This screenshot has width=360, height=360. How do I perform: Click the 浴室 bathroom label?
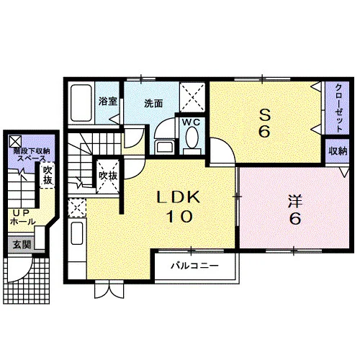click(108, 101)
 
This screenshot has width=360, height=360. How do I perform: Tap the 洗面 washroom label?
click(153, 104)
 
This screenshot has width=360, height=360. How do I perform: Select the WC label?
click(191, 122)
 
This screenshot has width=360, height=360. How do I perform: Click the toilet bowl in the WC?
click(192, 138)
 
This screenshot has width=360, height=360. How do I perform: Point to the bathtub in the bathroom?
click(81, 103)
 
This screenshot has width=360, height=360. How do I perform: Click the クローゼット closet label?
click(338, 108)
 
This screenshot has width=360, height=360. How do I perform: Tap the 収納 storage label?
click(338, 151)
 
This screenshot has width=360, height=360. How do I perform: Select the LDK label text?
click(178, 197)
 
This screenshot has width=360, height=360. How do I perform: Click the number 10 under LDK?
click(179, 216)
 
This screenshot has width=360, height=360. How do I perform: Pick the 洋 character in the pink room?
click(295, 202)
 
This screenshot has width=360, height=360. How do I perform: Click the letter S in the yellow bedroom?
click(265, 115)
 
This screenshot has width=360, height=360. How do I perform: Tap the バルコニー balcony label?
click(194, 266)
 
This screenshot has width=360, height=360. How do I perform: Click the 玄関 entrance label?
click(22, 245)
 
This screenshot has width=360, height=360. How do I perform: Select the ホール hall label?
click(23, 222)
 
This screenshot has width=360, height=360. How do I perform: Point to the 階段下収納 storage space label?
click(32, 151)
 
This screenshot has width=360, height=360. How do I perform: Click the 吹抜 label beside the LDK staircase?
click(108, 176)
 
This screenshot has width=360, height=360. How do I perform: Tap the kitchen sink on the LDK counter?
click(77, 233)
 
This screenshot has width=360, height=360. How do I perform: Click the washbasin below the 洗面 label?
click(165, 147)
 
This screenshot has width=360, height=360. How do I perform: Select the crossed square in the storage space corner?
click(15, 141)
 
